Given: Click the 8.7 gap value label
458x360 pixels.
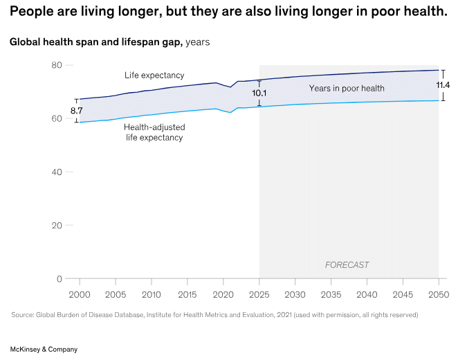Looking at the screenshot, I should (77, 111).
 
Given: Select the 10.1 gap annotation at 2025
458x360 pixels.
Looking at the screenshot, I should (259, 92).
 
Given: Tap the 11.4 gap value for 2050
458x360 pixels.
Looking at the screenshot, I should (443, 85).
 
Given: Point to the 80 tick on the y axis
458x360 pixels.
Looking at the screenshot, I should (57, 65).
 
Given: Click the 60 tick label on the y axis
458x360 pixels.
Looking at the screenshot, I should (57, 118).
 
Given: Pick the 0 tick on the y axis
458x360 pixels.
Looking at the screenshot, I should (59, 279).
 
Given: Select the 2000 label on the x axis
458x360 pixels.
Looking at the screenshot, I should (80, 295).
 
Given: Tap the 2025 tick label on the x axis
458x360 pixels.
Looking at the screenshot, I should (259, 295).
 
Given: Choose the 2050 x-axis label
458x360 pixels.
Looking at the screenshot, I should (439, 295).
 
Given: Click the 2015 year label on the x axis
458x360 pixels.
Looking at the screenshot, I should (187, 295).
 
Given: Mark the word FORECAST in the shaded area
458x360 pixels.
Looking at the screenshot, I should (347, 265).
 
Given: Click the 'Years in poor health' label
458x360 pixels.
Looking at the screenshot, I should (347, 89).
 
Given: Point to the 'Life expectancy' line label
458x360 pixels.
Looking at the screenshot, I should (154, 75).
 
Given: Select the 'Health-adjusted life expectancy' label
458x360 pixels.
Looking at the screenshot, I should (154, 132).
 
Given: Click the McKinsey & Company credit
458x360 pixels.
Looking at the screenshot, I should (44, 350).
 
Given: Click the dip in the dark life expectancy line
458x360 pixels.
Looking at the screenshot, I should (230, 87).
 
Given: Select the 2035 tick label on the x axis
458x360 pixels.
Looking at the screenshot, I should (331, 295).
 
